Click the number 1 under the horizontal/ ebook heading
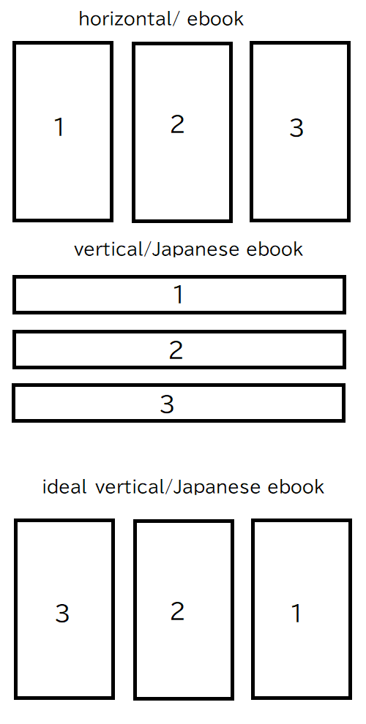[59, 127]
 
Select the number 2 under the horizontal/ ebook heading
[177, 124]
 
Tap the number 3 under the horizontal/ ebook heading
[296, 128]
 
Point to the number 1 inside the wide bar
[179, 295]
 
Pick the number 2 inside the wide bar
[176, 350]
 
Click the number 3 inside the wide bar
[167, 404]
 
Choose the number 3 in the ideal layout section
[62, 614]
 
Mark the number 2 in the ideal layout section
[177, 611]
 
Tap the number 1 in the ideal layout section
[296, 614]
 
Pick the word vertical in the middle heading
[108, 249]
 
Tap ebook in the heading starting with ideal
[296, 486]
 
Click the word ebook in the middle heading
[275, 249]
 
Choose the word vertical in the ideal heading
[130, 486]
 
